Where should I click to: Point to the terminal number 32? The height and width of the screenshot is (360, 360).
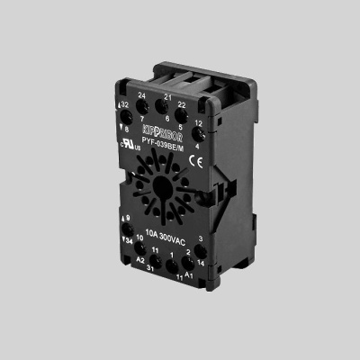[125, 104]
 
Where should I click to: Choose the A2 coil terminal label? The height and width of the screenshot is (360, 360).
[140, 258]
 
